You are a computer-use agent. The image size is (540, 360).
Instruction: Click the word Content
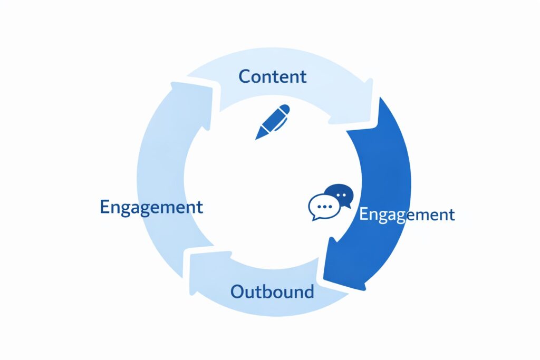[x=272, y=76]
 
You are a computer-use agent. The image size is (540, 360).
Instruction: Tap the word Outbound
[x=272, y=291]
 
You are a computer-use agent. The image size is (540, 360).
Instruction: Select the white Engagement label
[x=407, y=215]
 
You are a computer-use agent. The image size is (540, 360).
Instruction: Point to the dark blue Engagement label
[x=151, y=207]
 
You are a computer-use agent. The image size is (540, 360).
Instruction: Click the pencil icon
[x=273, y=122]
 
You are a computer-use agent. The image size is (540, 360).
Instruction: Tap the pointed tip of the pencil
[x=258, y=137]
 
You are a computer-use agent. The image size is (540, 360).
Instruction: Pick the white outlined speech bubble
[x=322, y=207]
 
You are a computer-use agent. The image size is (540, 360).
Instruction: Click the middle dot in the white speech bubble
[x=322, y=206]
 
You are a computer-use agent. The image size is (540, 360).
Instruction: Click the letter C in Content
[x=245, y=76]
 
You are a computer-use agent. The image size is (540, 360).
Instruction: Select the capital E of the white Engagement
[x=363, y=214]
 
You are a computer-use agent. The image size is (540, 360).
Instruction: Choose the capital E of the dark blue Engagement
[x=104, y=206]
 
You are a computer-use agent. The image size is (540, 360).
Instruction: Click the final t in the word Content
[x=303, y=77]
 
